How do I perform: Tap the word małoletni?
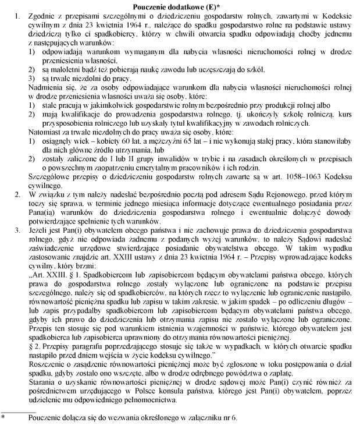[x=63, y=68]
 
